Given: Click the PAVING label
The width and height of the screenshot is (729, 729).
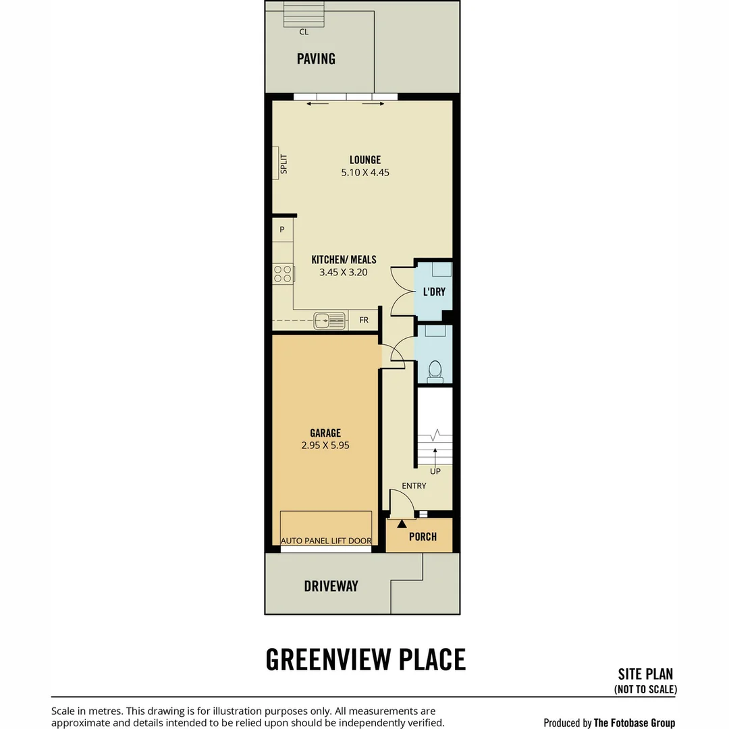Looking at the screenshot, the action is tap(316, 59).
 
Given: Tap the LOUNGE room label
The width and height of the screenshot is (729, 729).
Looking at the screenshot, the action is tap(365, 160).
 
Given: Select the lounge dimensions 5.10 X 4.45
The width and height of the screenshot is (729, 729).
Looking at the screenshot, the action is tap(365, 173).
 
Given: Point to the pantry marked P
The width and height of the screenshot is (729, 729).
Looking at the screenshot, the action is tap(281, 230).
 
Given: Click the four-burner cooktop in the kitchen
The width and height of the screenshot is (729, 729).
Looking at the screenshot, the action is tap(283, 274).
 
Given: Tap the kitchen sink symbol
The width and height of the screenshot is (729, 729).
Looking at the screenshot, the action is tap(330, 321).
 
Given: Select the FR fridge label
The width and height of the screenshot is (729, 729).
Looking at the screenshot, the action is tap(364, 321).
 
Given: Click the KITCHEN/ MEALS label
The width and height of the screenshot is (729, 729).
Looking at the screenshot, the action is tap(344, 259).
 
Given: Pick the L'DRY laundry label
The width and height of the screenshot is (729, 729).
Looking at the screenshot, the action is tap(434, 292).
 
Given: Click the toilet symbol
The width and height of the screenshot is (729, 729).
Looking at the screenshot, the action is tap(435, 371).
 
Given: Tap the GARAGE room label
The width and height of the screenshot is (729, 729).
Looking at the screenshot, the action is tap(325, 433).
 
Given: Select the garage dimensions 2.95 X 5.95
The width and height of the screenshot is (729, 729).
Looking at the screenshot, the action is tap(325, 446).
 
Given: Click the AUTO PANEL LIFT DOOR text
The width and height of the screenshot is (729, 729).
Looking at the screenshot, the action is tap(326, 541).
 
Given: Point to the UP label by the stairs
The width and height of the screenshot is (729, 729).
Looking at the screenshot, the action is tap(435, 471).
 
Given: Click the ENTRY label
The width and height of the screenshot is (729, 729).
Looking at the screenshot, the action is tap(414, 486).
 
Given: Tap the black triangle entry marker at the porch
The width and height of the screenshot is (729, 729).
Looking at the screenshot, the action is tap(402, 524).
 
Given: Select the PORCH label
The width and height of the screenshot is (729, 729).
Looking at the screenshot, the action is tap(423, 537).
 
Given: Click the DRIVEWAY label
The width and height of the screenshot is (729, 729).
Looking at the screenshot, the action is tap(331, 587).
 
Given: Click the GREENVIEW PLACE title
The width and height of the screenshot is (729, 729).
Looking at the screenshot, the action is tap(365, 659).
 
